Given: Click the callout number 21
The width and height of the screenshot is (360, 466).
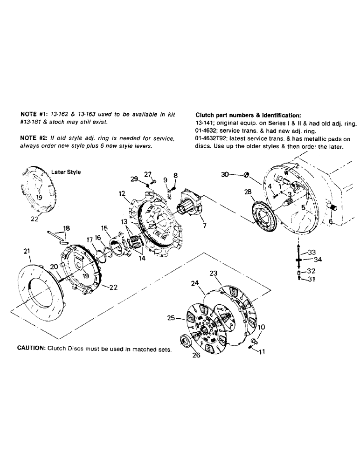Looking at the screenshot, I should pos(26,252).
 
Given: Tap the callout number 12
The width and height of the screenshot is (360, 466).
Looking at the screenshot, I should pos(122,193).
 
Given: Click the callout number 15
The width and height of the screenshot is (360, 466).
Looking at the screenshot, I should pos(104,228).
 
